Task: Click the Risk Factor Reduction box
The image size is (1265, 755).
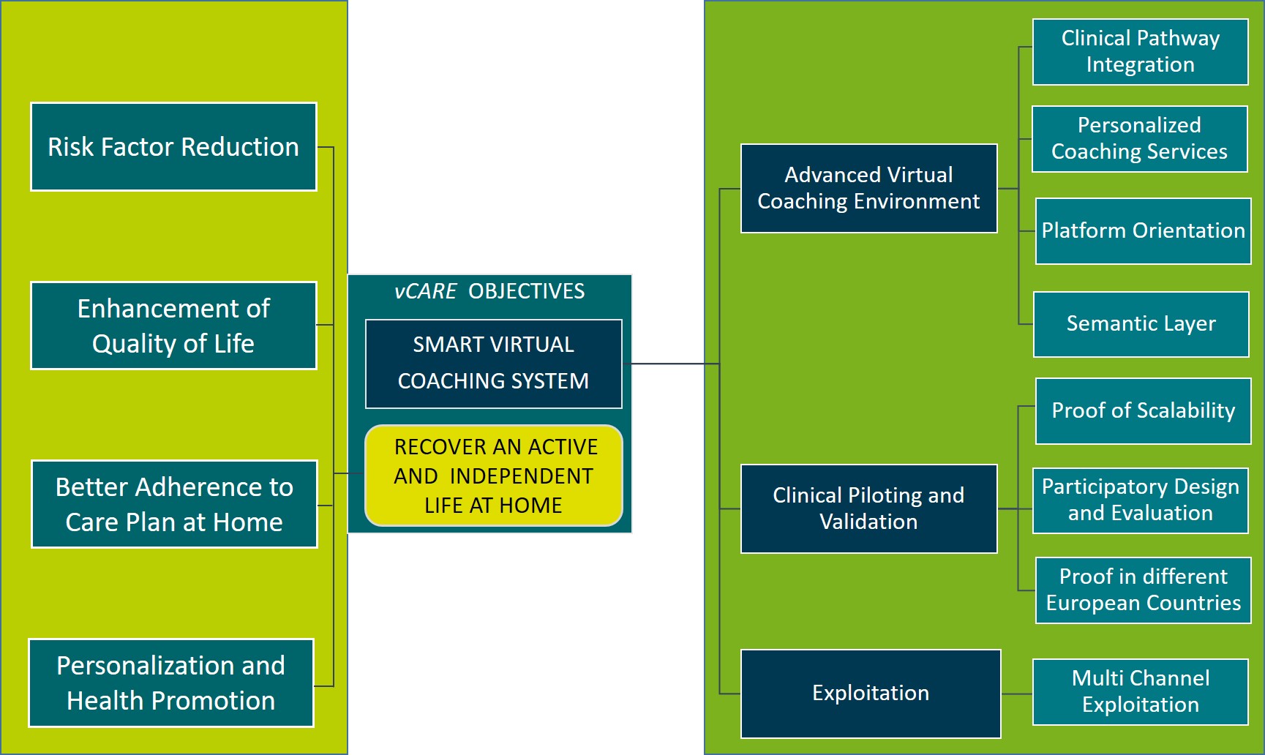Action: [x=173, y=147]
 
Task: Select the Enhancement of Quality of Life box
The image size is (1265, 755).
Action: [x=173, y=326]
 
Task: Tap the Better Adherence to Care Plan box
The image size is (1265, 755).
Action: [x=174, y=504]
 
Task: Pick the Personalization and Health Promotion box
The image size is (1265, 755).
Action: [x=171, y=683]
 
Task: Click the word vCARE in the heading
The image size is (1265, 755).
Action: [x=425, y=291]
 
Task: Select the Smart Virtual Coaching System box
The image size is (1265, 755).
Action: [x=493, y=364]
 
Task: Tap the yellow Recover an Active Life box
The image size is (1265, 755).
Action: [x=493, y=476]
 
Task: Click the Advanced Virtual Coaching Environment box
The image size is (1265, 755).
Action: [x=868, y=189]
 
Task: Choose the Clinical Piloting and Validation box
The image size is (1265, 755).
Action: [x=868, y=508]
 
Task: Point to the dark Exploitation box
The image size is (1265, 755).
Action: [x=870, y=693]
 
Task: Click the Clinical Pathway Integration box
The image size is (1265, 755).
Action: [x=1140, y=52]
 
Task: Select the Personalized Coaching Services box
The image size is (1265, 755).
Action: [x=1139, y=139]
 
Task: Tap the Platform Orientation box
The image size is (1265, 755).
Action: [x=1143, y=231]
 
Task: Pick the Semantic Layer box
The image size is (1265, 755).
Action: [x=1141, y=324]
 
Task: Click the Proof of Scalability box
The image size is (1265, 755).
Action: [x=1143, y=411]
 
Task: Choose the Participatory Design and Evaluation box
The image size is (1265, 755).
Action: [x=1140, y=500]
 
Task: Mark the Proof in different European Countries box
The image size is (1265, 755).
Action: [x=1143, y=590]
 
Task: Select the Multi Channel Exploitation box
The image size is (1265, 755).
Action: [x=1140, y=692]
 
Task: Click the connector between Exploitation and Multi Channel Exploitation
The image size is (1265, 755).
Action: [x=1017, y=694]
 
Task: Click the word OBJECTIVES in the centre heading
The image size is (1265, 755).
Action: [x=526, y=291]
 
